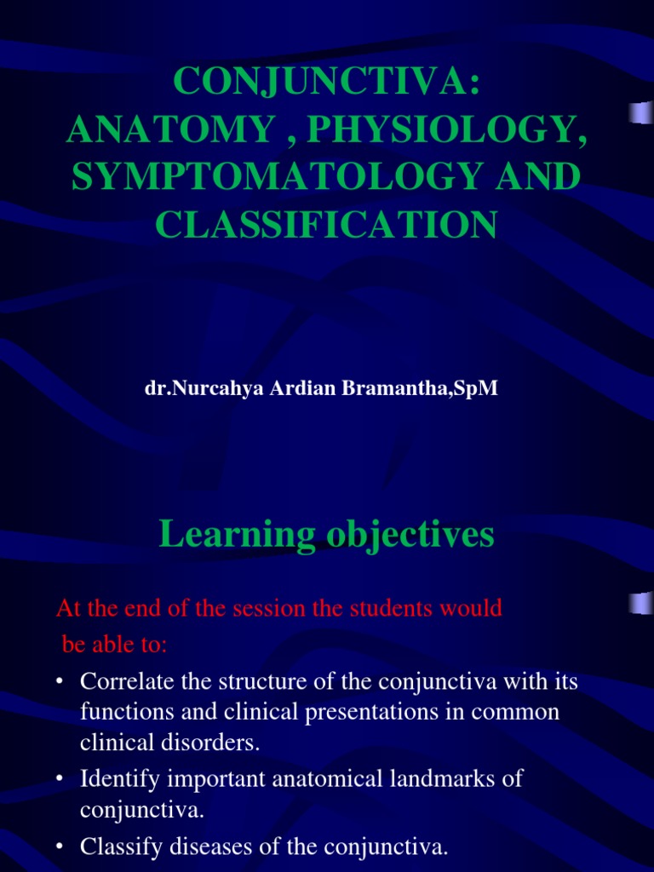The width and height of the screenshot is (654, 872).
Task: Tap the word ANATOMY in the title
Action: click(x=169, y=129)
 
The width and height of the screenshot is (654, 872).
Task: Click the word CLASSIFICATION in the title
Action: click(x=326, y=225)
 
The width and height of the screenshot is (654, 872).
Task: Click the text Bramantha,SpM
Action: click(x=419, y=388)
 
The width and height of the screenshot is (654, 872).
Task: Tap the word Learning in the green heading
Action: click(x=237, y=535)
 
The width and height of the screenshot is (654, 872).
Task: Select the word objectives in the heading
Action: click(x=410, y=535)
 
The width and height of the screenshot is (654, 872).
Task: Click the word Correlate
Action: click(x=128, y=682)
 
